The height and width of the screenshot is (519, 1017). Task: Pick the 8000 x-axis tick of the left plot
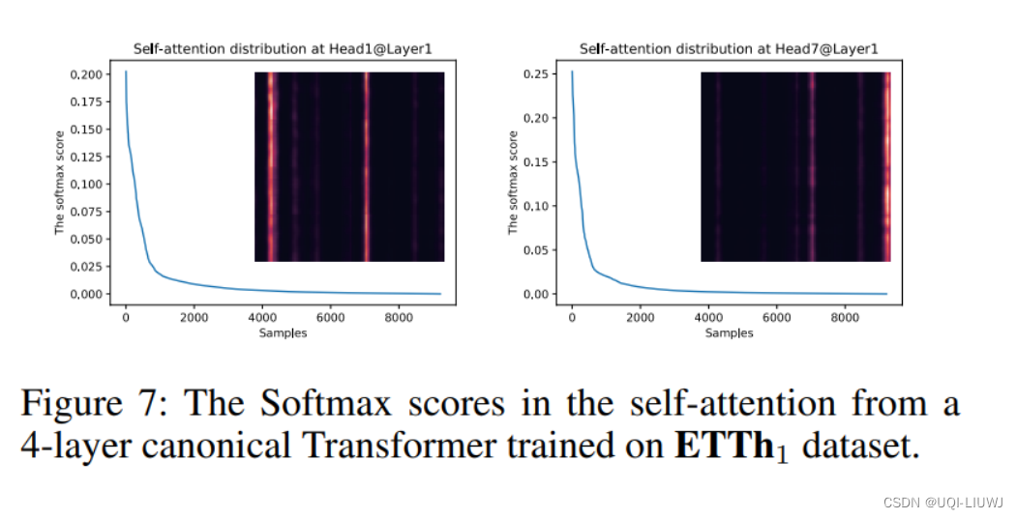point(399,318)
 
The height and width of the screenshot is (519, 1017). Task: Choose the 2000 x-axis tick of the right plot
point(639,318)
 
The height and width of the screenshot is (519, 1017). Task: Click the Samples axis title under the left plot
point(283,332)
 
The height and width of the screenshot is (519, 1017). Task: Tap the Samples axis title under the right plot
point(729,332)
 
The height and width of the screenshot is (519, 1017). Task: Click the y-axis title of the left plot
point(59,184)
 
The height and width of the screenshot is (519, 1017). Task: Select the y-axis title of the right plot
point(513,184)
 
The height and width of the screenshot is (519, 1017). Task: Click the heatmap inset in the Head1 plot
point(349,166)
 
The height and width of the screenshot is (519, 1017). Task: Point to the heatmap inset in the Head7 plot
point(795,166)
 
